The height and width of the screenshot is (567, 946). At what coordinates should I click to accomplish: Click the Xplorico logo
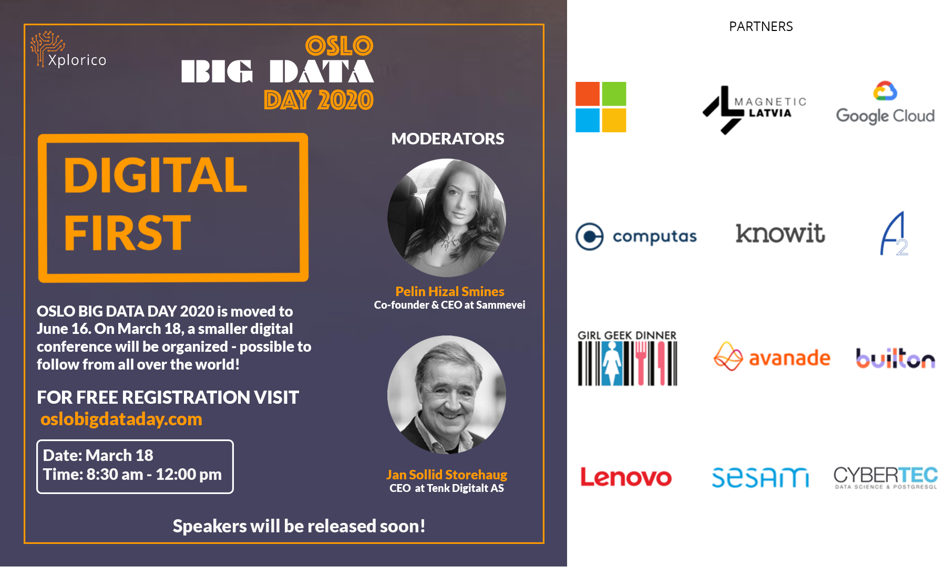click(68, 49)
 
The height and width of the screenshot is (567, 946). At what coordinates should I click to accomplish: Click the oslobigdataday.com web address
click(121, 419)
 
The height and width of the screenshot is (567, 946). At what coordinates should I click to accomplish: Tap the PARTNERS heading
click(760, 26)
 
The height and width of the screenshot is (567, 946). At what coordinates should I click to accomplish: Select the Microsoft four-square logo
click(601, 107)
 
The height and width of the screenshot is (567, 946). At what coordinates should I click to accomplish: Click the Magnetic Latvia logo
click(754, 109)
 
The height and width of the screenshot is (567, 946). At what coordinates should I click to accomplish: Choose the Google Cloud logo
click(885, 103)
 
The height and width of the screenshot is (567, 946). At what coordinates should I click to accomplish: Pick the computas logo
click(636, 236)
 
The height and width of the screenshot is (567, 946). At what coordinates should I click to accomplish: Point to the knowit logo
click(780, 234)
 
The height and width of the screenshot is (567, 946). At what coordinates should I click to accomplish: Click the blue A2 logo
click(894, 234)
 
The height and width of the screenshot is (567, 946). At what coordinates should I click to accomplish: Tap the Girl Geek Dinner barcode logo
click(628, 358)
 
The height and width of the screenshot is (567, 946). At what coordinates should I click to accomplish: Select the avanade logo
click(772, 357)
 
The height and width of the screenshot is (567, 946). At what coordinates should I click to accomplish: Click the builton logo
click(896, 358)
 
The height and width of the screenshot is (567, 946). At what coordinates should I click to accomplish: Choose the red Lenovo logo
click(625, 477)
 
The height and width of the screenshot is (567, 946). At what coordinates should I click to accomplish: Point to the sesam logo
click(760, 477)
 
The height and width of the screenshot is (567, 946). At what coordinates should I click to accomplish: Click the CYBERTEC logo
click(886, 477)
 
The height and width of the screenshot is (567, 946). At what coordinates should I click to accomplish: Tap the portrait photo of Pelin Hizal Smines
click(447, 218)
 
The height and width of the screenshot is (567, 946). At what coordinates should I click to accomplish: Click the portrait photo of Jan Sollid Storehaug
click(447, 395)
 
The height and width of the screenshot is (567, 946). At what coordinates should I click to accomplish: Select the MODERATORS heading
click(448, 139)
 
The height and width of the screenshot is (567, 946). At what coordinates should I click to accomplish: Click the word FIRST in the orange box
click(127, 233)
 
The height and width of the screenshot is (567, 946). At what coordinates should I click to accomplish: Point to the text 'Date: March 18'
click(98, 455)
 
